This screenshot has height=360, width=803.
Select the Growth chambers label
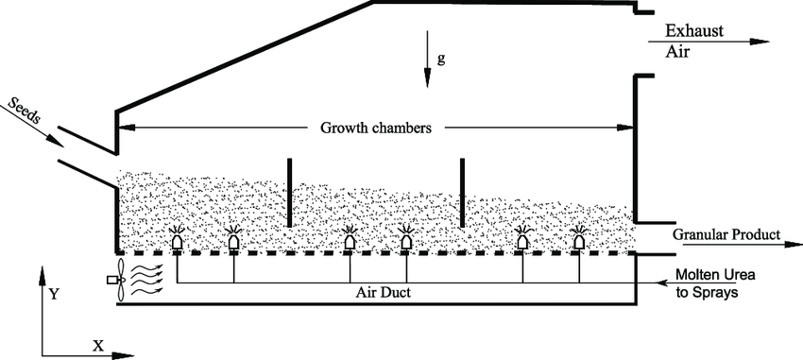click(374, 128)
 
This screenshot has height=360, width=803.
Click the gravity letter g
click(441, 59)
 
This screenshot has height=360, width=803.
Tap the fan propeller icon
click(117, 281)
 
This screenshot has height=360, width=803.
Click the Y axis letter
click(55, 294)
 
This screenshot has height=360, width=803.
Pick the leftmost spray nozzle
click(177, 243)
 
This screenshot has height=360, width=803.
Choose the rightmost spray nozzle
click(579, 243)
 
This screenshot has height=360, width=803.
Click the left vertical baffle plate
click(289, 193)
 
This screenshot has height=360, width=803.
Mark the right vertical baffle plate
click(462, 193)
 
